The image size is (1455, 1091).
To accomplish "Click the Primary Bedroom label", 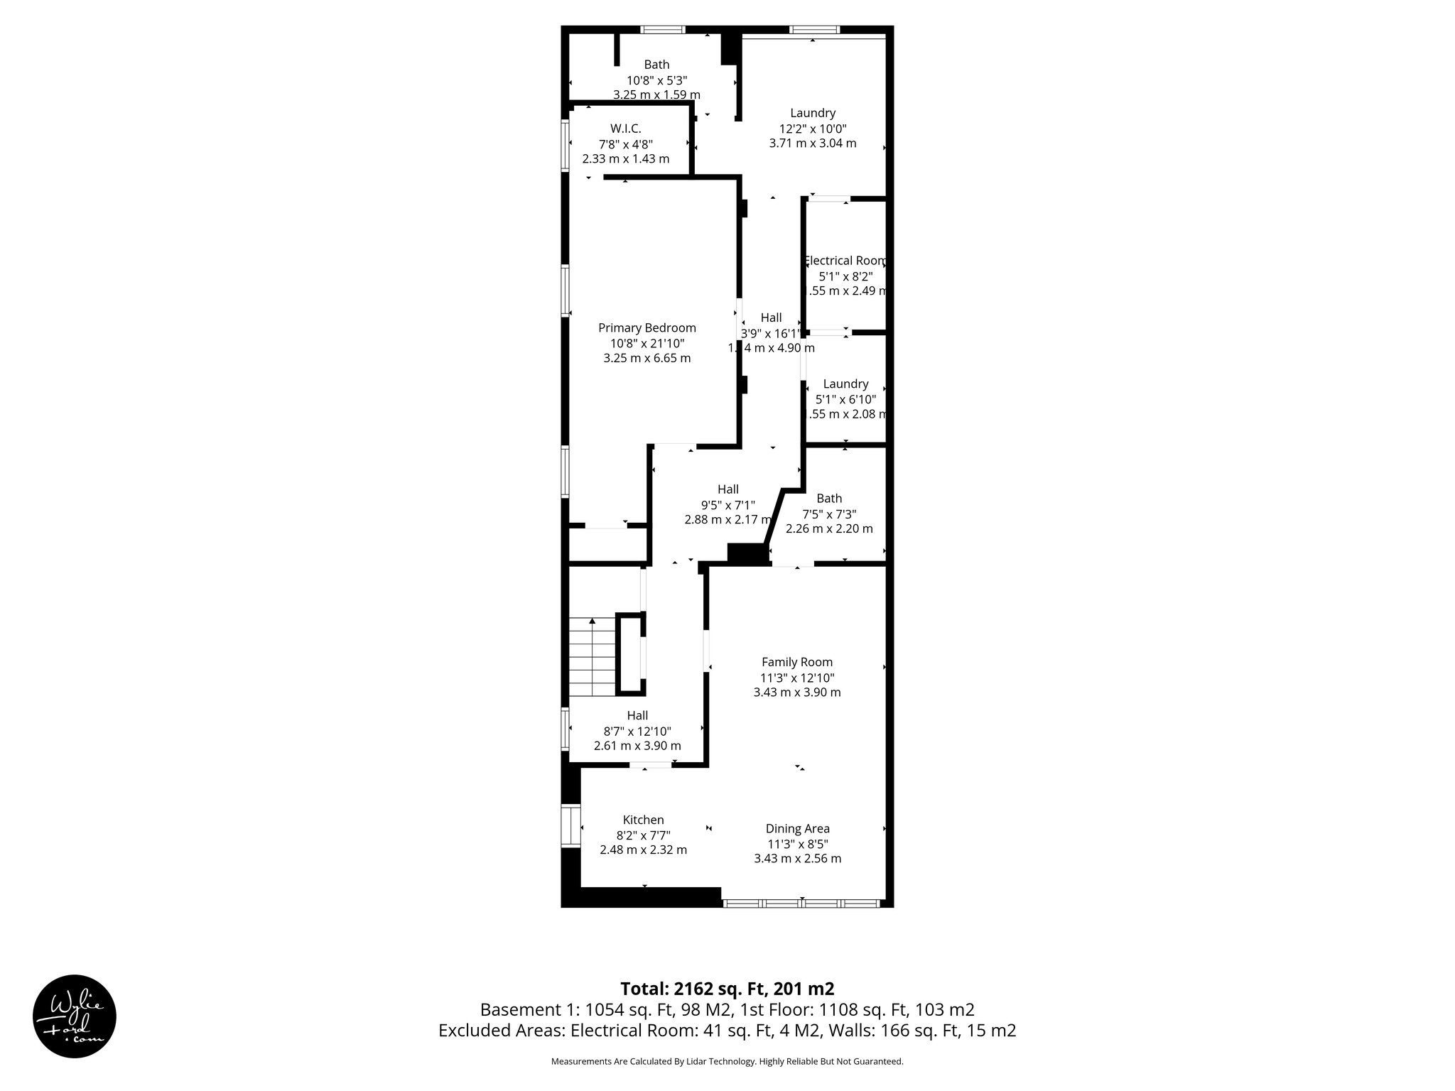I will pyautogui.click(x=647, y=328).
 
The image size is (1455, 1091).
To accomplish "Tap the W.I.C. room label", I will pyautogui.click(x=625, y=129).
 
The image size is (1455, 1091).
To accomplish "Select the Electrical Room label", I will pyautogui.click(x=845, y=261).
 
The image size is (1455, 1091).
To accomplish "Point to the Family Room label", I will pyautogui.click(x=797, y=662).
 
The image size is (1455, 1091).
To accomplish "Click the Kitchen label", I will pyautogui.click(x=643, y=820).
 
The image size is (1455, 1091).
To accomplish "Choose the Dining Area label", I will pyautogui.click(x=797, y=828).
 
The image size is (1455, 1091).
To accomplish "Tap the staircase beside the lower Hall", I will pyautogui.click(x=592, y=657).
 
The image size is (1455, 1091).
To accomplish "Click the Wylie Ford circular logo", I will pyautogui.click(x=75, y=1016).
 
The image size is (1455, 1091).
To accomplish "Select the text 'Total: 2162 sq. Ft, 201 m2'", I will pyautogui.click(x=727, y=989).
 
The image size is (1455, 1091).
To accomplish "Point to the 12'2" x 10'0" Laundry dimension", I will pyautogui.click(x=813, y=129).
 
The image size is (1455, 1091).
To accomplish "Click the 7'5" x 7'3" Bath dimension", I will pyautogui.click(x=829, y=514).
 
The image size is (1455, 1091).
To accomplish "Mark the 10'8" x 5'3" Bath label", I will pyautogui.click(x=656, y=65).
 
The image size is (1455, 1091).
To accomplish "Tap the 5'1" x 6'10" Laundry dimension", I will pyautogui.click(x=845, y=399).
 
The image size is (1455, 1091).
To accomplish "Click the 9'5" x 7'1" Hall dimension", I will pyautogui.click(x=727, y=505).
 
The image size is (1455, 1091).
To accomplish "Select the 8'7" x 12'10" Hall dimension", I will pyautogui.click(x=637, y=731).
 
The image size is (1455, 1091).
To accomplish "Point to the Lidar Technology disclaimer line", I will pyautogui.click(x=727, y=1061).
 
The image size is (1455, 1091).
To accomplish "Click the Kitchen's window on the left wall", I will pyautogui.click(x=570, y=825).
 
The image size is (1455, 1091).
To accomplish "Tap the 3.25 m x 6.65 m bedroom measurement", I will pyautogui.click(x=647, y=359).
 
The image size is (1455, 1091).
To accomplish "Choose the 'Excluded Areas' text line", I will pyautogui.click(x=727, y=1031).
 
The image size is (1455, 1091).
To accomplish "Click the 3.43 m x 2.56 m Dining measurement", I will pyautogui.click(x=797, y=859).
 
